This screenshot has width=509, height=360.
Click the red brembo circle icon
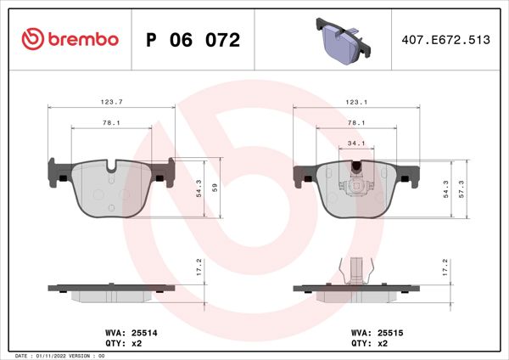click(x=32, y=39)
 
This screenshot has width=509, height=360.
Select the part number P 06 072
click(x=193, y=40)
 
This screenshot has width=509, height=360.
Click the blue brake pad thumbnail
click(x=340, y=42)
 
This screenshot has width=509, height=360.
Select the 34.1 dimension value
click(x=356, y=143)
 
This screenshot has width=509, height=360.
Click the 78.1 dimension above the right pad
click(x=356, y=123)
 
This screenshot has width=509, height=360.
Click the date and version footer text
click(x=59, y=354)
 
